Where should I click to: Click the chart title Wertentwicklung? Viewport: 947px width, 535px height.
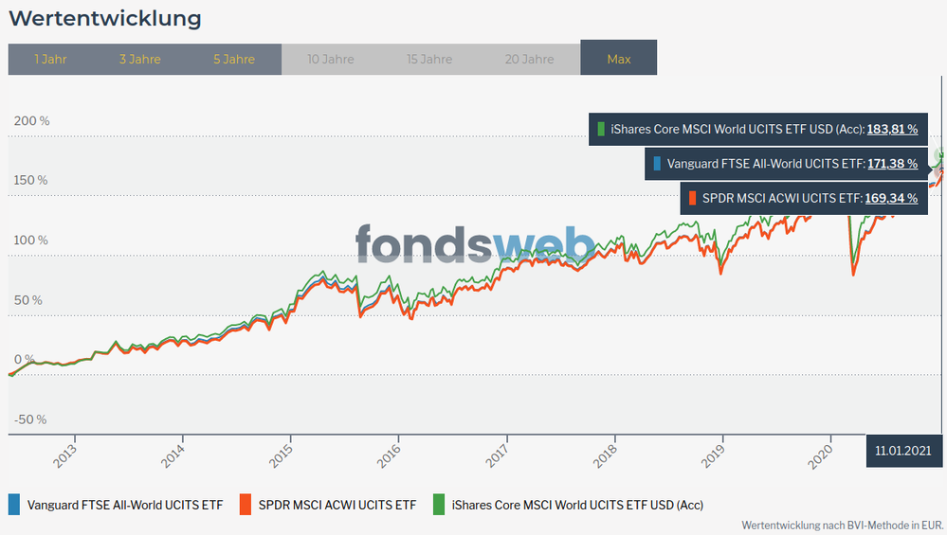105,18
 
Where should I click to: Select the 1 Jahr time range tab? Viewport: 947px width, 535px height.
50,59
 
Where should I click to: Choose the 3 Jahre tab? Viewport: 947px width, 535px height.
140,59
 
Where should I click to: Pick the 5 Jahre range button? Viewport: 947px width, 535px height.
234,59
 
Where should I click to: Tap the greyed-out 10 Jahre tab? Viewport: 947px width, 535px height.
331,59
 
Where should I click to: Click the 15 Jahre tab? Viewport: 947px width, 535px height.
429,59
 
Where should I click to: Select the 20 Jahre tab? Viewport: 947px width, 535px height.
529,59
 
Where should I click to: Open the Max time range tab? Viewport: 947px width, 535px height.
619,59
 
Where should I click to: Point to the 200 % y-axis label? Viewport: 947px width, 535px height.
30,121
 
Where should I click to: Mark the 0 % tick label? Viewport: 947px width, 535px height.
24,360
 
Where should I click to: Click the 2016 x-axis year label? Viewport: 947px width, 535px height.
390,455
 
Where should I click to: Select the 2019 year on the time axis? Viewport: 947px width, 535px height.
714,455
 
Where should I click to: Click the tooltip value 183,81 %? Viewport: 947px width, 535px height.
892,129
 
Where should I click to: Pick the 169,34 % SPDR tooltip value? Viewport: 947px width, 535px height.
892,199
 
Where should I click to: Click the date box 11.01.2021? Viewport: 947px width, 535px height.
902,452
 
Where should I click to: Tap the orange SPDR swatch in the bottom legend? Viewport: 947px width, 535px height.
245,505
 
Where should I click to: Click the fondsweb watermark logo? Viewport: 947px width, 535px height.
475,245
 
